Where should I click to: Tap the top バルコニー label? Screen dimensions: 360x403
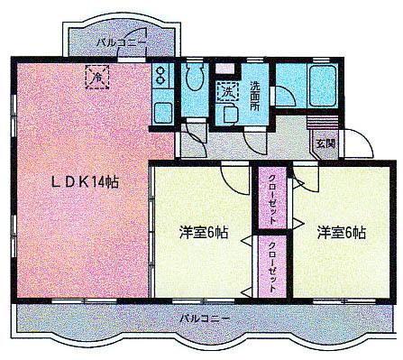[122, 42]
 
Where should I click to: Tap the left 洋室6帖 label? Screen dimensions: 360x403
[203, 232]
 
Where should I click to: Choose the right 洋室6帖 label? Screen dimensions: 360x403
[341, 232]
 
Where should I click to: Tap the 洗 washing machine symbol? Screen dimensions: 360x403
[225, 90]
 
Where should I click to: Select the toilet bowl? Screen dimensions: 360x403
[194, 79]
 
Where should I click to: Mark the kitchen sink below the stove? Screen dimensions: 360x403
[162, 114]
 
